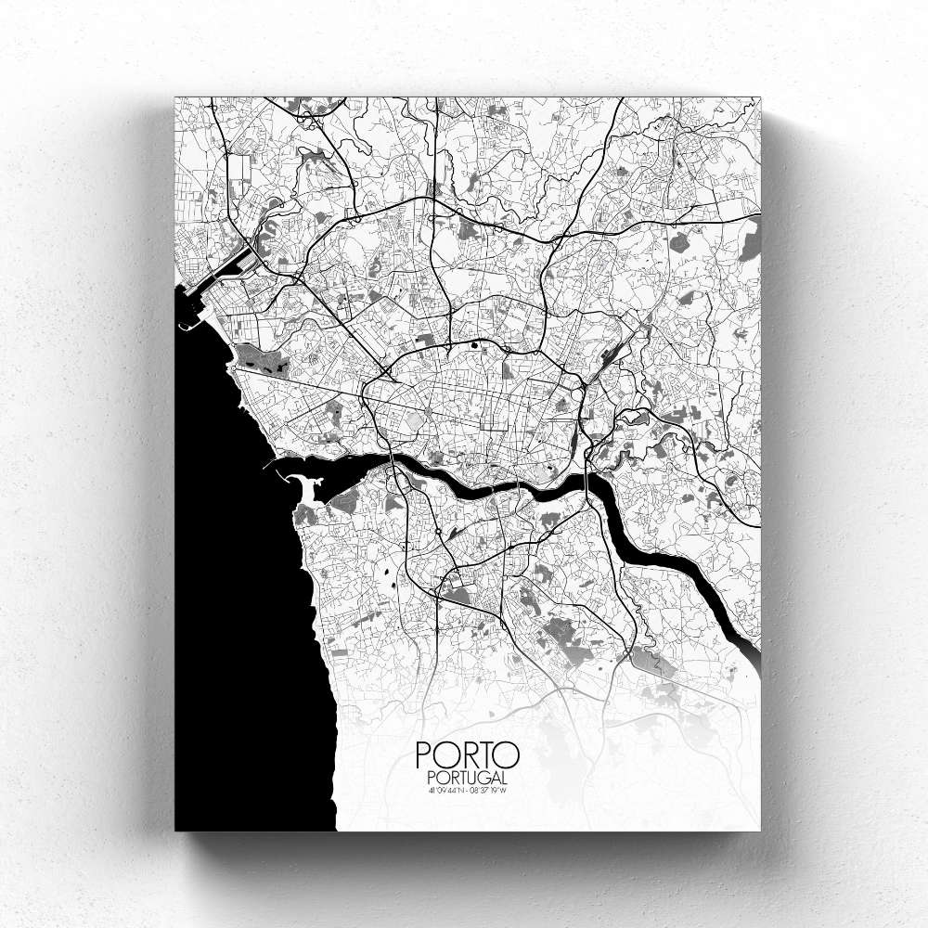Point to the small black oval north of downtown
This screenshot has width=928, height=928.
(475, 346)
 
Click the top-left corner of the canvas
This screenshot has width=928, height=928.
(175, 97)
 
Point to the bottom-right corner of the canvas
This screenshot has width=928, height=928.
(759, 831)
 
